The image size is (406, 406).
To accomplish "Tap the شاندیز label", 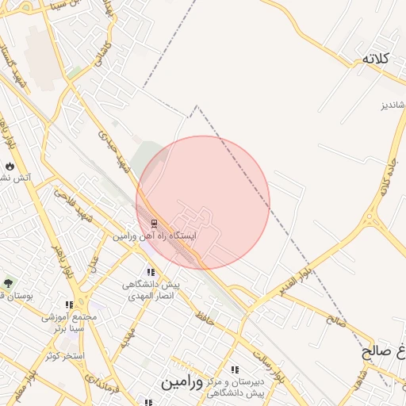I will pos(391,105).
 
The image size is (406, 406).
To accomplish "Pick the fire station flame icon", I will pos(10,166).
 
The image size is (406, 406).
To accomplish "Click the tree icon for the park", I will pos(9,283).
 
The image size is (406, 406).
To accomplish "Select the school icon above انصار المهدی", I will pos(151,272).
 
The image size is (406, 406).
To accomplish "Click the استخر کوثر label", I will pos(65,355).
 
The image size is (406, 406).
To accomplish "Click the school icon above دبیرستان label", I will pos(235,370).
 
